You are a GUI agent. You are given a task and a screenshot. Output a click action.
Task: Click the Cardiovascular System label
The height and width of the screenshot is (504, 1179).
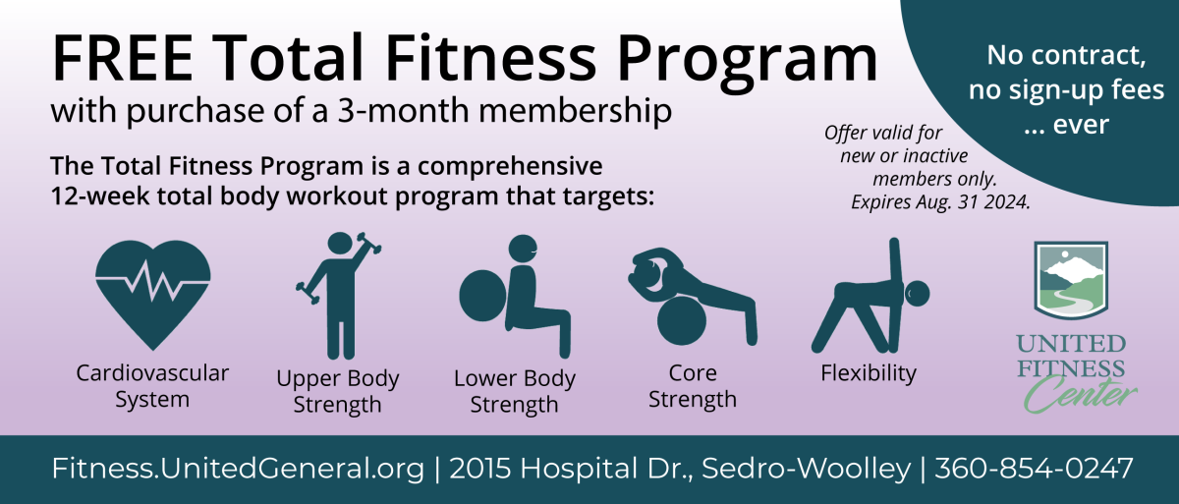(152, 386)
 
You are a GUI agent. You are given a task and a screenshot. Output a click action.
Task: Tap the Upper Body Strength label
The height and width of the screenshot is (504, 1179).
(338, 391)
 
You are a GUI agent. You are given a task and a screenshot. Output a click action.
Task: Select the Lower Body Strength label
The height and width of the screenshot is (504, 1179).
(514, 391)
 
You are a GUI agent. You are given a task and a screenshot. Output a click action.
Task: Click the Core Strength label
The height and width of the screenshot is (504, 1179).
(693, 386)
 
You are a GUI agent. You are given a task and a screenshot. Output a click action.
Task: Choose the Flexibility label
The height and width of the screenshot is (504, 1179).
(869, 373)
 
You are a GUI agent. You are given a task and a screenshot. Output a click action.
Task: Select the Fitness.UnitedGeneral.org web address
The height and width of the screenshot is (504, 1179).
(238, 468)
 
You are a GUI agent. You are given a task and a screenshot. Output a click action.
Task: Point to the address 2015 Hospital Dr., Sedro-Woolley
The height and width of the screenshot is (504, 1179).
(679, 468)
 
